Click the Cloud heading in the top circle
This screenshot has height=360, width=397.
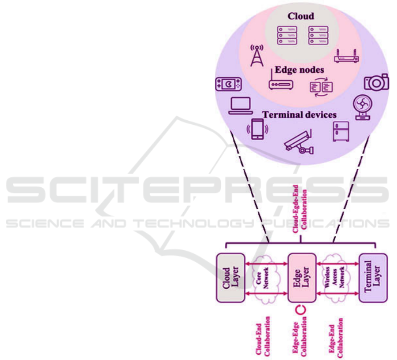click(x=301, y=16)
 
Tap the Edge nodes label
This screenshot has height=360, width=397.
click(x=300, y=70)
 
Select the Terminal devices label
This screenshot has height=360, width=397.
click(x=300, y=115)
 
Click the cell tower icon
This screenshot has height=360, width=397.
click(x=256, y=56)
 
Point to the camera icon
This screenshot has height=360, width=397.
click(x=376, y=82)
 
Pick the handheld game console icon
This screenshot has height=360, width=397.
click(x=228, y=84)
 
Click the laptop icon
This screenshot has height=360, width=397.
click(x=241, y=106)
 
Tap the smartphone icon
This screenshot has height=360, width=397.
click(x=257, y=130)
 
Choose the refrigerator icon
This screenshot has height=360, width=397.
click(x=340, y=131)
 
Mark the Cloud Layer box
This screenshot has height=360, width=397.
click(x=230, y=277)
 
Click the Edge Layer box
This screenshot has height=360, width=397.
click(x=302, y=277)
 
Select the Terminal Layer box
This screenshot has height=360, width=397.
click(x=373, y=277)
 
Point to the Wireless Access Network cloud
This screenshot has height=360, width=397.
click(x=338, y=277)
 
